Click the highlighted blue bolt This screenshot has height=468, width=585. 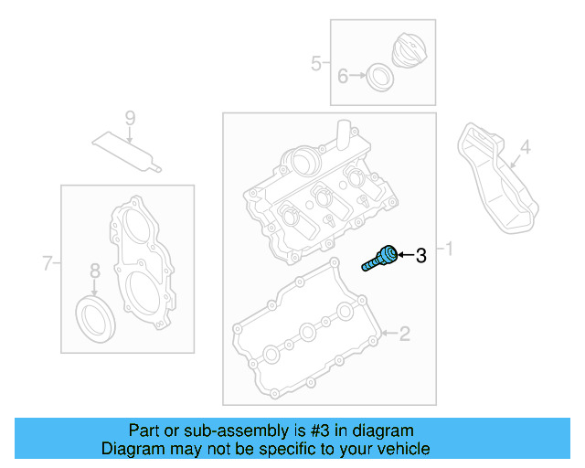(380, 258)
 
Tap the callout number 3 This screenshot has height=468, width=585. (421, 256)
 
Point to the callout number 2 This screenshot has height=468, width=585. (404, 334)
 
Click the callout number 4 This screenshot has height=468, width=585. (525, 146)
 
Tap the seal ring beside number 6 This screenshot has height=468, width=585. (379, 77)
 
